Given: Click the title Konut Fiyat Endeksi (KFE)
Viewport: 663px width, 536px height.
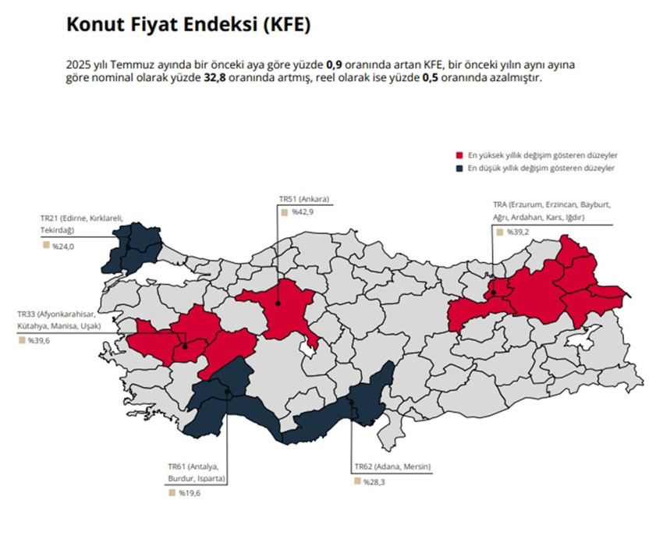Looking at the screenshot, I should pos(188,25).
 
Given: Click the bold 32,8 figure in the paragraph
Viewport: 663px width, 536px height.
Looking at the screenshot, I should pos(215,79).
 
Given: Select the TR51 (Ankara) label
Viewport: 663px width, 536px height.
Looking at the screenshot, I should pos(304,199).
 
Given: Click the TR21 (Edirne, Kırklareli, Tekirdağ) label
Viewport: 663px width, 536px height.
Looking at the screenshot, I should pos(81,223).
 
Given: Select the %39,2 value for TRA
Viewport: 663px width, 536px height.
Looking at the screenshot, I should pos(517,232).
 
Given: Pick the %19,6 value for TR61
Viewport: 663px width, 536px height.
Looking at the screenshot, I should pos(189,493).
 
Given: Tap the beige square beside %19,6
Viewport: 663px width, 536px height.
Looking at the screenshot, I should pos(171,492).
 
